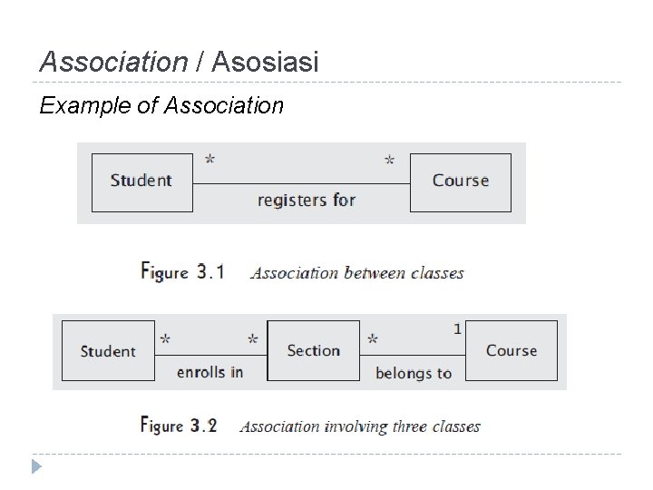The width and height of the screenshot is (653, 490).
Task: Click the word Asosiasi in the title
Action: point(265,63)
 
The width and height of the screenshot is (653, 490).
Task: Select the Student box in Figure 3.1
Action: point(141,181)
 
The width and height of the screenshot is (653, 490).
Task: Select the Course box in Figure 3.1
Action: point(460,181)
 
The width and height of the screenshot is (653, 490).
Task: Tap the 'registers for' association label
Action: point(306,200)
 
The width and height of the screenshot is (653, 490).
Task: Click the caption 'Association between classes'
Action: point(356,272)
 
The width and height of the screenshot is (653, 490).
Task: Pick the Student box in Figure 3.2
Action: point(107,351)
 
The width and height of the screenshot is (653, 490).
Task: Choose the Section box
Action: point(313,350)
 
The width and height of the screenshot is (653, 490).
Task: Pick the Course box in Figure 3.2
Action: point(511,350)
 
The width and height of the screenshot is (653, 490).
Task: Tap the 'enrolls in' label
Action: point(210,372)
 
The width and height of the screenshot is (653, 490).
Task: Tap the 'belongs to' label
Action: point(413,373)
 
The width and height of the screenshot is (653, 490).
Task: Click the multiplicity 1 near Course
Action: point(457,329)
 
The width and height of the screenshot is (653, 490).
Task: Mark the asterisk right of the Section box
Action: point(372,340)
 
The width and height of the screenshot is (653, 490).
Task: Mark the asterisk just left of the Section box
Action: point(253,340)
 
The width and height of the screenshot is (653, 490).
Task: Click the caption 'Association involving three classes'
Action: point(360,426)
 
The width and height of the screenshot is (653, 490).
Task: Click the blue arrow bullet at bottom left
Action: point(35,467)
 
